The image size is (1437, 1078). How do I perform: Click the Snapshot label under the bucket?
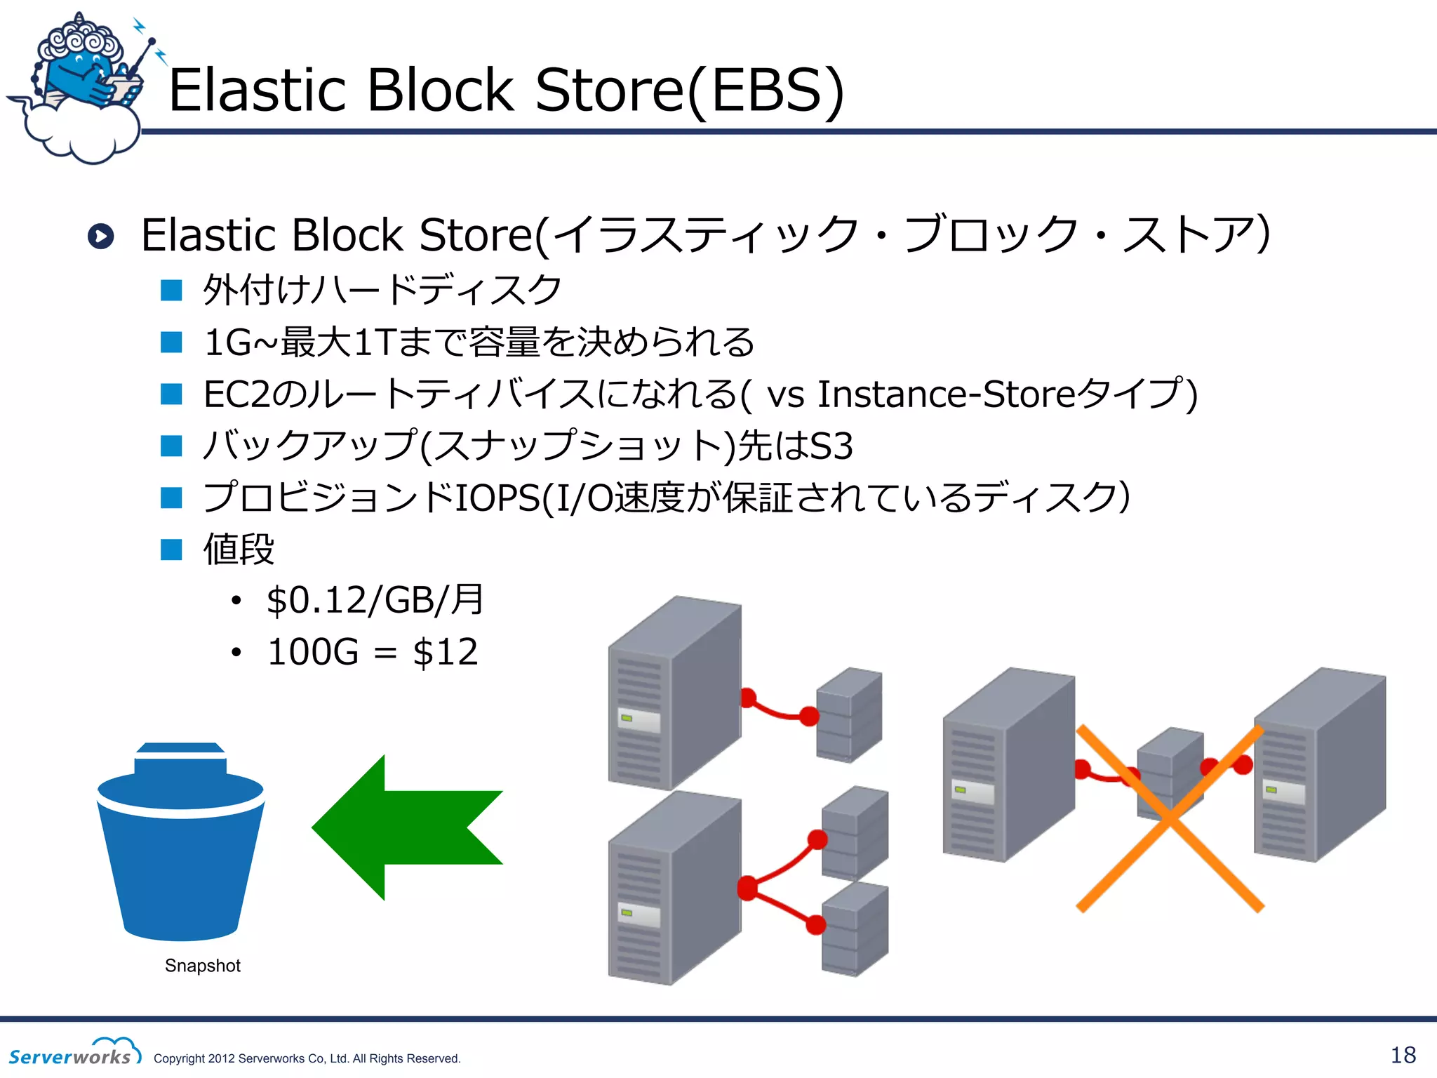point(202,966)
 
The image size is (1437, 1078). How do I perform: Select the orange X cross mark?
point(1170,819)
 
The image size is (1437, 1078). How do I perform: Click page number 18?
point(1403,1055)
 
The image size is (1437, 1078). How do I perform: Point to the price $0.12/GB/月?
point(375,600)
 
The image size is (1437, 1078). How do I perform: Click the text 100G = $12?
point(373,652)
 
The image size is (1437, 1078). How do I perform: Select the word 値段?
point(239,549)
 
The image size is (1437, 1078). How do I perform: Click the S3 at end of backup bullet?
point(831,446)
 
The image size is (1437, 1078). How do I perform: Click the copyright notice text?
point(307,1058)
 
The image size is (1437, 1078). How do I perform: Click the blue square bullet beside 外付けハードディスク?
point(171,290)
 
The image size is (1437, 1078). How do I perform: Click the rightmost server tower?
point(1319,765)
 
